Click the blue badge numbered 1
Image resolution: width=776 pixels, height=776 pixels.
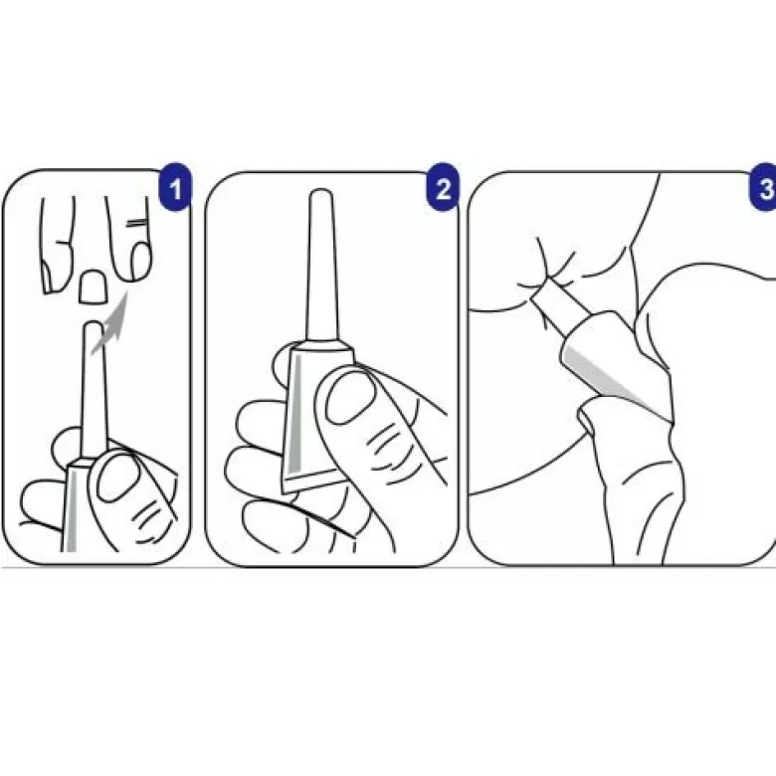[x=175, y=187]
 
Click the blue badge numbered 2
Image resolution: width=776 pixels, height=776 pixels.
[x=443, y=187]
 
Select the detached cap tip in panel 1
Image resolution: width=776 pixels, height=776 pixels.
[x=93, y=287]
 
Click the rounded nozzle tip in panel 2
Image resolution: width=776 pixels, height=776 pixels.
[x=320, y=194]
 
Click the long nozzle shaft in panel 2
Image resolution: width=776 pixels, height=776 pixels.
[x=320, y=267]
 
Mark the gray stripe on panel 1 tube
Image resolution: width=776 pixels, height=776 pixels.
[x=73, y=509]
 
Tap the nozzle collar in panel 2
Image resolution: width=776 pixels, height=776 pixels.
[x=322, y=345]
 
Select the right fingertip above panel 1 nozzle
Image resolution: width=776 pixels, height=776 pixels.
[x=129, y=238]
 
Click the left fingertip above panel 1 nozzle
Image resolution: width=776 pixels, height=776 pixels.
[x=58, y=245]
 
